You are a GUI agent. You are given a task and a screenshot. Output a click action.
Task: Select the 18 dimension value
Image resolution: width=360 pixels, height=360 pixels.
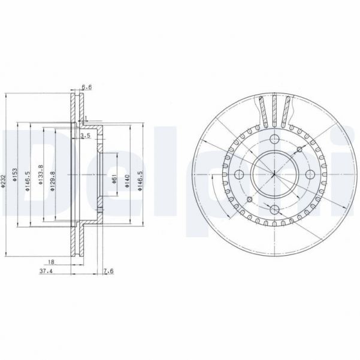pos(52,262)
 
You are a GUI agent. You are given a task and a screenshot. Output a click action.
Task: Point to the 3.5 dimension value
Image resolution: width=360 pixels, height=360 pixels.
pos(86,137)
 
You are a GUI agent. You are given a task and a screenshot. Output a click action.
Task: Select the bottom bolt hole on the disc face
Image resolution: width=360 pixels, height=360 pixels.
pos(273,209)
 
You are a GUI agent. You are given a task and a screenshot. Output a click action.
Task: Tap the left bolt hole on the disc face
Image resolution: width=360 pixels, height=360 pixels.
pos(238,174)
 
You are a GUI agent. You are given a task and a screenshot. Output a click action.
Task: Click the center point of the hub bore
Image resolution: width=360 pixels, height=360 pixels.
pos(273,174)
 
